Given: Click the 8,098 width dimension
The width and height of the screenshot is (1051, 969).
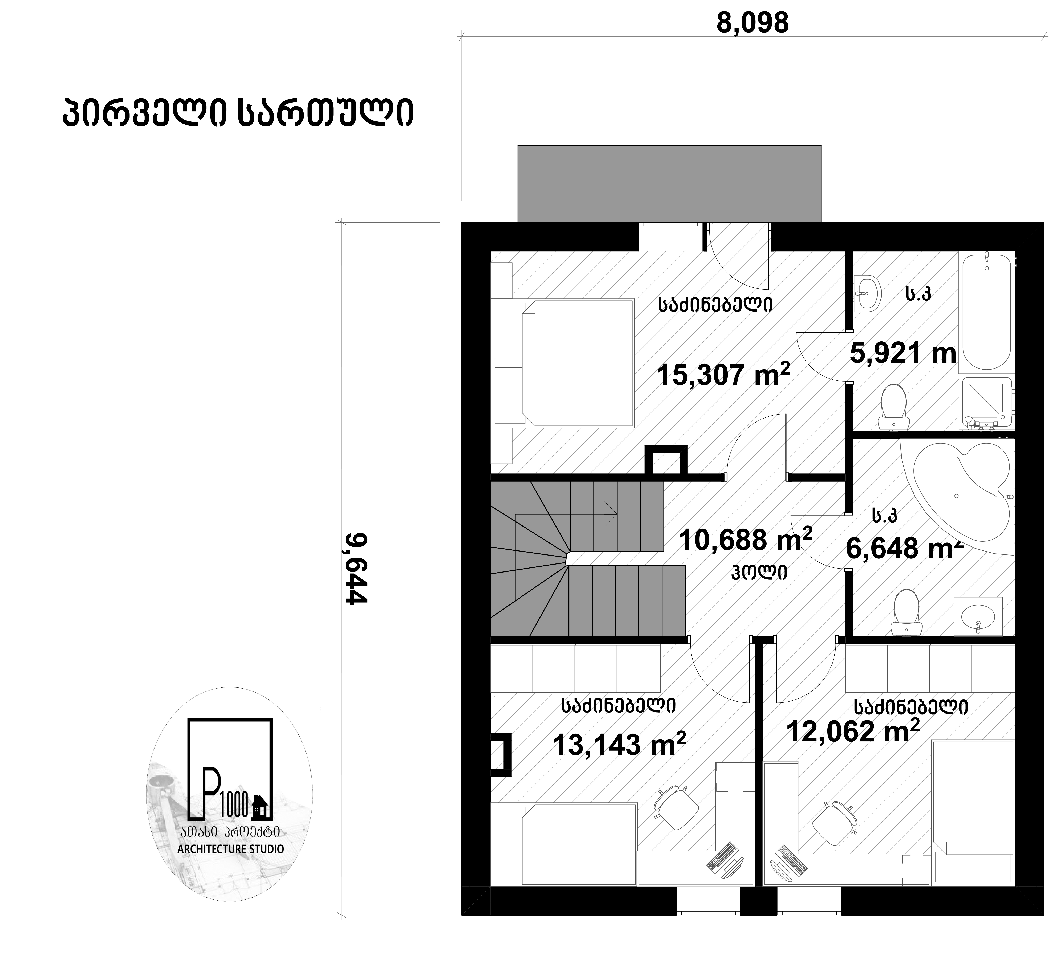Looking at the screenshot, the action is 752,23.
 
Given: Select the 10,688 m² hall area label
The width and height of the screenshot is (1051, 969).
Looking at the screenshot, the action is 745,539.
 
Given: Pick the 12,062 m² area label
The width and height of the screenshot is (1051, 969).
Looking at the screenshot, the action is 853,731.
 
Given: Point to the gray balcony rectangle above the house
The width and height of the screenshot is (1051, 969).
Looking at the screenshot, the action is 669,183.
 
